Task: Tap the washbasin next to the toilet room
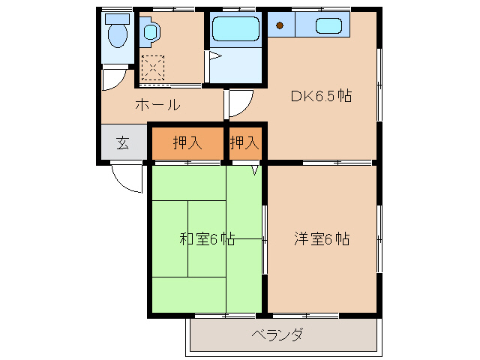click(150, 32)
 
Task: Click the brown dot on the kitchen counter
click(280, 26)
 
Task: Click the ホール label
click(157, 104)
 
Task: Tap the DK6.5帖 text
click(322, 96)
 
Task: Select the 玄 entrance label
click(122, 142)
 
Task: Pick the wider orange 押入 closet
click(187, 142)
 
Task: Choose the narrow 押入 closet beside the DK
click(244, 142)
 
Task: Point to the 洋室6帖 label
click(321, 239)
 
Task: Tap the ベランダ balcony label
click(277, 334)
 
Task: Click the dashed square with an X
click(153, 68)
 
